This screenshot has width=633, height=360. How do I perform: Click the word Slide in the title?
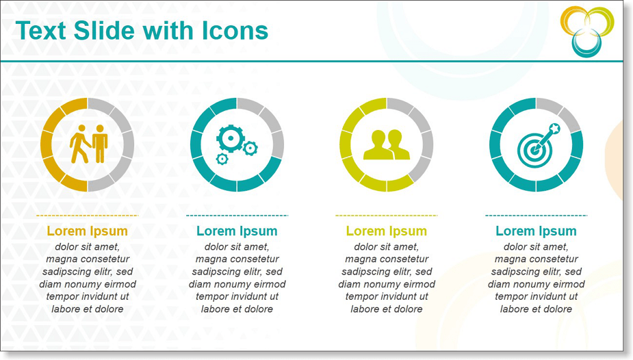(104, 31)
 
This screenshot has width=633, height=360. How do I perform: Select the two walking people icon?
(89, 144)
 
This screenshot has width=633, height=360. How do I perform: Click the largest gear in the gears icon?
(231, 138)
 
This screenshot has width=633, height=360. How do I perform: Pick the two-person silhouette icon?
(387, 144)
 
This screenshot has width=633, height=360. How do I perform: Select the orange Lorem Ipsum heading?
(87, 231)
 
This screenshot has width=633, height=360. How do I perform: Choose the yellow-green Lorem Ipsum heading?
(387, 231)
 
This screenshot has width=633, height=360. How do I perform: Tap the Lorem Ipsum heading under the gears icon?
(237, 231)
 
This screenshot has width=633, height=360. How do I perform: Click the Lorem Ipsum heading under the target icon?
(536, 231)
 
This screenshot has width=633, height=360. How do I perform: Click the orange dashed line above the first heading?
(87, 216)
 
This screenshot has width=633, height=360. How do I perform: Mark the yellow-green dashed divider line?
(387, 216)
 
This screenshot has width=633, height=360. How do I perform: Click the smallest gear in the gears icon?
(222, 159)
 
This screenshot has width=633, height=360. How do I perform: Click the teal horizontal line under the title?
(311, 62)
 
